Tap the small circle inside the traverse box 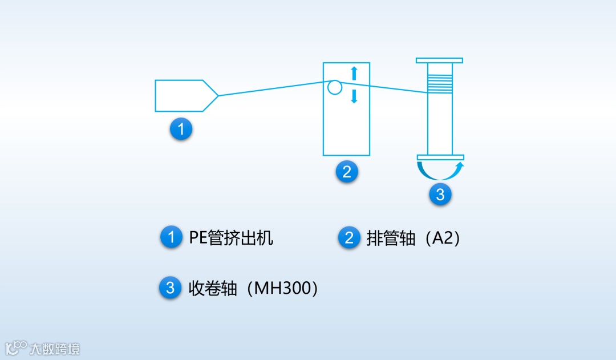coord(335,87)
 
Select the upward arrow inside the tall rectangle coord(354,72)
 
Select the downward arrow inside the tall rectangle coord(354,96)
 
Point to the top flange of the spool coord(439,60)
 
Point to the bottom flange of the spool coord(440,157)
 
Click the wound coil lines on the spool coord(440,84)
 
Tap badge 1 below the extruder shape coord(181,129)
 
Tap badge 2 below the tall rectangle coord(346,171)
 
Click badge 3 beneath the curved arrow coord(440,194)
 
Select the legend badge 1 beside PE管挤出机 coord(171,237)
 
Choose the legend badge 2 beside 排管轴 coord(349,237)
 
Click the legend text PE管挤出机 coord(231,237)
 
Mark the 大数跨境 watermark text coord(55,348)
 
